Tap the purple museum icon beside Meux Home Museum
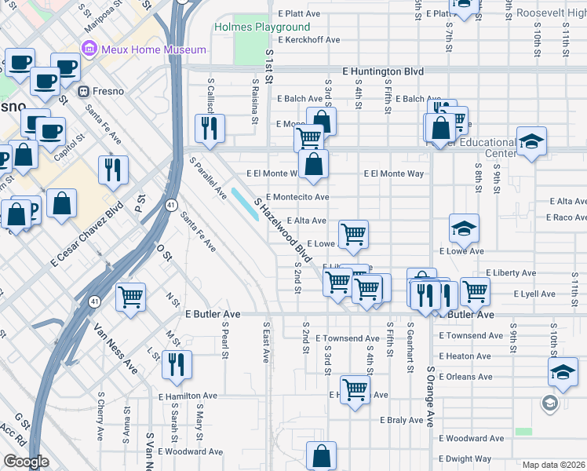88,49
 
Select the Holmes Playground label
261,27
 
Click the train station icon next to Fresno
82,91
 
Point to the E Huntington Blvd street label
384,71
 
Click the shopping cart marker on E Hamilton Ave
355,389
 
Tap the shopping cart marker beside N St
130,297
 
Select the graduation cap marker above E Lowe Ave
464,228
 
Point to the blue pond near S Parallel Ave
246,203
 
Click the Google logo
26,462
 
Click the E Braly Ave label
402,420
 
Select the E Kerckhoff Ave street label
309,39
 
